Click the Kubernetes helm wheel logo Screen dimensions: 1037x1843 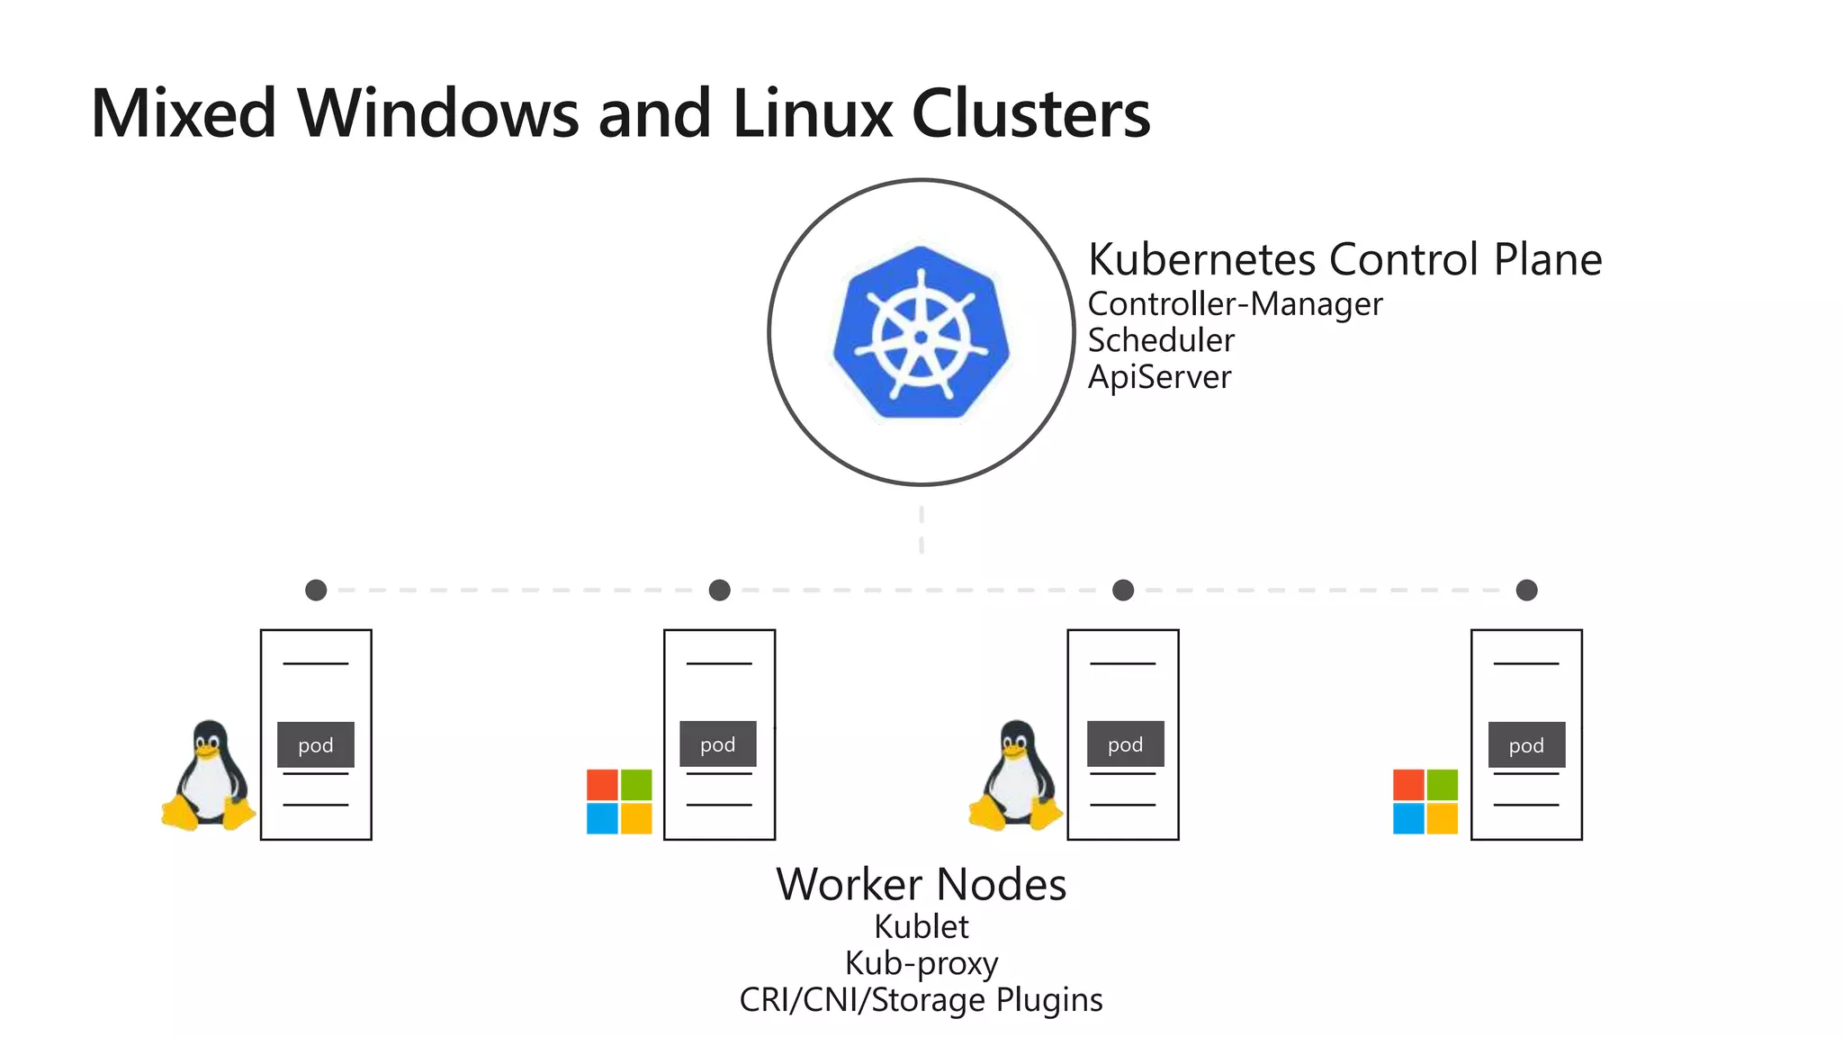[x=921, y=333]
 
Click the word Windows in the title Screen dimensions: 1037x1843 [x=437, y=114]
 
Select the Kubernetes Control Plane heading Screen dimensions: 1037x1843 [x=1344, y=260]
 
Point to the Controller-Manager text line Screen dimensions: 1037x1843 [x=1235, y=304]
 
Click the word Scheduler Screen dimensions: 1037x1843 [x=1161, y=340]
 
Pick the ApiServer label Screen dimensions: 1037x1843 [x=1159, y=377]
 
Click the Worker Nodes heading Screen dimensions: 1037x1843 [x=921, y=884]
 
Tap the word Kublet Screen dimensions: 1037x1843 [x=921, y=926]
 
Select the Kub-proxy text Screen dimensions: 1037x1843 [x=921, y=963]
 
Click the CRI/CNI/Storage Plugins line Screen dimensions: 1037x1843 [x=921, y=1000]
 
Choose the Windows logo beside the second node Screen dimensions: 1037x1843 [x=619, y=801]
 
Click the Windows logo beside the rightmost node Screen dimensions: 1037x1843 [x=1425, y=801]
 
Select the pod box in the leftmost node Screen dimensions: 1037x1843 [x=315, y=744]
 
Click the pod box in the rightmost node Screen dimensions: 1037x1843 [x=1526, y=744]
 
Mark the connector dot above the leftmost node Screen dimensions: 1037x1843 [x=316, y=591]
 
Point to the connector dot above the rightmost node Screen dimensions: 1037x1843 [x=1526, y=591]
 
